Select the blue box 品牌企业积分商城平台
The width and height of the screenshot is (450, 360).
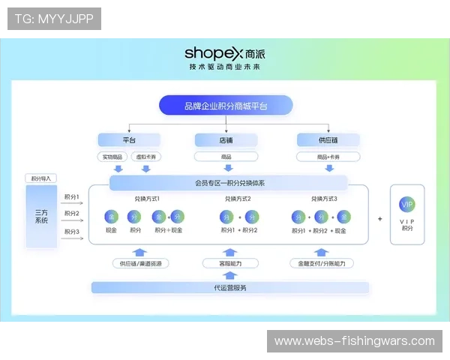pos(225,106)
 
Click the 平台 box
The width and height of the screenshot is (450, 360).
pos(129,139)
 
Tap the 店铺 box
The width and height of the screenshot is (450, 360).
pos(226,139)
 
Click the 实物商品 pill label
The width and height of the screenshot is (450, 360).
pos(112,157)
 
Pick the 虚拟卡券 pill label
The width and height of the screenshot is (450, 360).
pos(145,157)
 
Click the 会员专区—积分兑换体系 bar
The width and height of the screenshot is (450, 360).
pos(229,183)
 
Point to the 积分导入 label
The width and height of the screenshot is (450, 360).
pos(41,178)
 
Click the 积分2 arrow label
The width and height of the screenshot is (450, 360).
pos(72,214)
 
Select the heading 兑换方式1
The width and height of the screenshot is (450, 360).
pos(147,199)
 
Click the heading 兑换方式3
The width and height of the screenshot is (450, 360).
pos(325,199)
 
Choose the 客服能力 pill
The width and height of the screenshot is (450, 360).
pos(230,263)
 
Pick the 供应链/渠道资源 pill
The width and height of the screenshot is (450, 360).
pos(139,263)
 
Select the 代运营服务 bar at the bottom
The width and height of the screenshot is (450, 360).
pos(230,287)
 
